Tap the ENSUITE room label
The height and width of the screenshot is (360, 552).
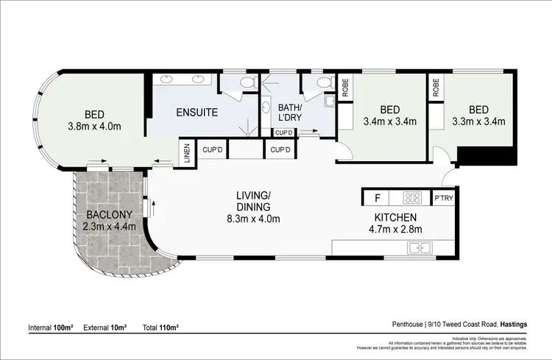coord(197,113)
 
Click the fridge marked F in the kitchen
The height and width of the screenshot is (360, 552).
coord(378,198)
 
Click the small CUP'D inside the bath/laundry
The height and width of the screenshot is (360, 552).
coord(284,133)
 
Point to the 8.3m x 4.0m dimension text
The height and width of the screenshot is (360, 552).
coord(253,218)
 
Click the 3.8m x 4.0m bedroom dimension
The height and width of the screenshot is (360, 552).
coord(93,126)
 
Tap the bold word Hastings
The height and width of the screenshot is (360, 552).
coord(519,323)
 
